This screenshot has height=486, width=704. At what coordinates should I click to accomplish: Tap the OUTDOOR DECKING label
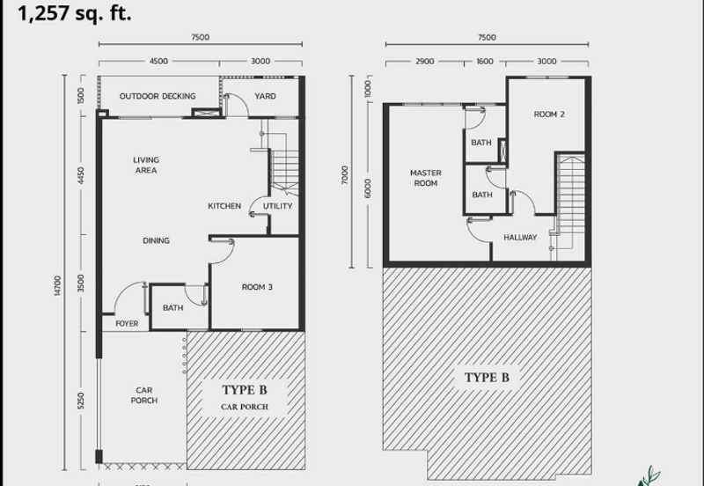click(158, 96)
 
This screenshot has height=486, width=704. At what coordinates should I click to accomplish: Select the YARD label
click(265, 96)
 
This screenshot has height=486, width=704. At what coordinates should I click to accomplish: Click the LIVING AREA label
click(146, 166)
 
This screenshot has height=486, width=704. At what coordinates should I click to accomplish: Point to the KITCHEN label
click(224, 206)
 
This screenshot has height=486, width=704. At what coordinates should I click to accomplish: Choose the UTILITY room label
click(278, 206)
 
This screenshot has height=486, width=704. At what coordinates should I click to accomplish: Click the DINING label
click(157, 240)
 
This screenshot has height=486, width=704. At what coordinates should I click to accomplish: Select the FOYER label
click(127, 324)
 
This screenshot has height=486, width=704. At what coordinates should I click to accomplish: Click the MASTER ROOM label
click(425, 178)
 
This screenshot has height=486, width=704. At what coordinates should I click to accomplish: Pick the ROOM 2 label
click(549, 114)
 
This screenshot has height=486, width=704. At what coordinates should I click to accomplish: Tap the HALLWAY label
click(520, 238)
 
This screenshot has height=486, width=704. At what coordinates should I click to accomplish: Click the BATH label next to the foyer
click(172, 307)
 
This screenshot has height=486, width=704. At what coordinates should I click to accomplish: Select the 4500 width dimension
click(158, 62)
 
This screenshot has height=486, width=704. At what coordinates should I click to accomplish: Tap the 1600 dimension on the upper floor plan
click(486, 62)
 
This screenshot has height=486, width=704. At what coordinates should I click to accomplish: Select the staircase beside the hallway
click(570, 202)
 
